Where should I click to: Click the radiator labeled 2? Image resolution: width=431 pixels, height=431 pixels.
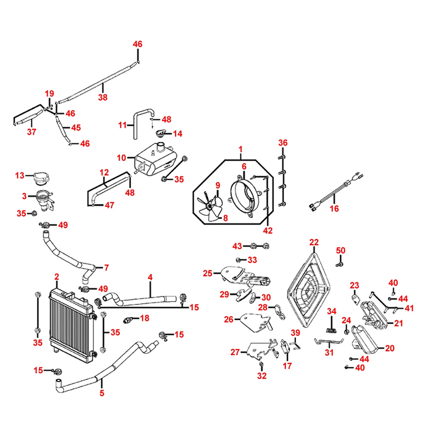pyautogui.click(x=71, y=321)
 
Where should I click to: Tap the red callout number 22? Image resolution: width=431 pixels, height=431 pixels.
pyautogui.click(x=314, y=242)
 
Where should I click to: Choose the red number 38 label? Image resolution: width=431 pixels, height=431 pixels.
pyautogui.click(x=103, y=97)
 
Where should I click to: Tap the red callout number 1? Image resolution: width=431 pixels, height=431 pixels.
pyautogui.click(x=241, y=150)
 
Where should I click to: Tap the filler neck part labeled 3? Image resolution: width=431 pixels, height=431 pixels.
pyautogui.click(x=44, y=199)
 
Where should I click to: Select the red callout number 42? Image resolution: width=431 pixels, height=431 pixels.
pyautogui.click(x=268, y=231)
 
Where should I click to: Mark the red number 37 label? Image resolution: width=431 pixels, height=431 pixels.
pyautogui.click(x=31, y=132)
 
